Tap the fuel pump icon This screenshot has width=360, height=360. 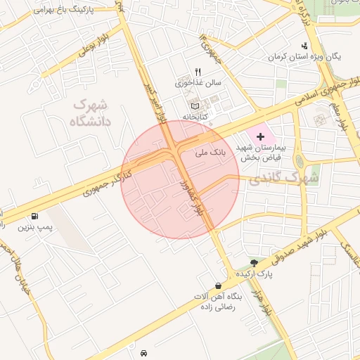point(34,217)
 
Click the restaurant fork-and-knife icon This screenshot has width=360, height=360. point(198,72)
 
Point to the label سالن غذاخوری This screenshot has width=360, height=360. point(198,82)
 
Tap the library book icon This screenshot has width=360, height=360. point(195,105)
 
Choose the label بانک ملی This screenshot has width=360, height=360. point(210,151)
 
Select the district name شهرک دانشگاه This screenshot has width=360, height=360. point(91,112)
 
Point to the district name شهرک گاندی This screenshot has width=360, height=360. point(288,178)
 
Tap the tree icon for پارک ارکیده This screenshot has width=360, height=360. point(254,262)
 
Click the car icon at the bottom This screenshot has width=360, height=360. point(143,352)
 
